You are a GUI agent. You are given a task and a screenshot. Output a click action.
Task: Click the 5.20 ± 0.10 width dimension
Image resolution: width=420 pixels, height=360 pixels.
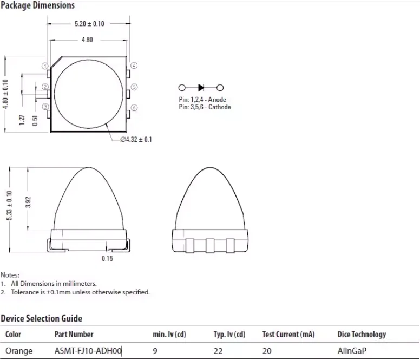89,24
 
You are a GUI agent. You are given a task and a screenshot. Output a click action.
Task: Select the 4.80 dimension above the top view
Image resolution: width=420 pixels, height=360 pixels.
87,40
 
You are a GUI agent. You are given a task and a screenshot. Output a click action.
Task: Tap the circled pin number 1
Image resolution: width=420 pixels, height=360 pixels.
45,66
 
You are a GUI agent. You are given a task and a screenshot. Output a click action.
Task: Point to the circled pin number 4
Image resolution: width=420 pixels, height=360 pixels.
134,66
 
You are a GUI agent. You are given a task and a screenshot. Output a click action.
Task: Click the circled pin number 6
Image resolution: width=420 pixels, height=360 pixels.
134,108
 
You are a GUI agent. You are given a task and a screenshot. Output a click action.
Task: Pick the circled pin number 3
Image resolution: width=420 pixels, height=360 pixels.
45,107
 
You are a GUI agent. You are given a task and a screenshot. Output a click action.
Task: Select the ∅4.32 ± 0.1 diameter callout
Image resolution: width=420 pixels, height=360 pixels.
136,139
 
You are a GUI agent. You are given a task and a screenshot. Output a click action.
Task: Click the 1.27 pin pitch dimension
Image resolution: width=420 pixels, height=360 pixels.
22,120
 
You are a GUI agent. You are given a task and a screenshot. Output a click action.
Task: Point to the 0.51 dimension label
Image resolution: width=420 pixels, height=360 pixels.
35,121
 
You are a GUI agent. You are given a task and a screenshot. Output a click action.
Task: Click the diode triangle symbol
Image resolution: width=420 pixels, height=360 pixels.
201,88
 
